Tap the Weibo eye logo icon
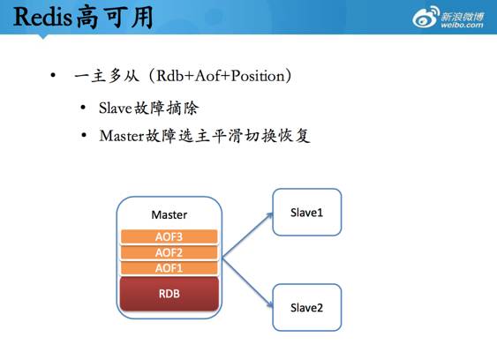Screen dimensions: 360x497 point(427,17)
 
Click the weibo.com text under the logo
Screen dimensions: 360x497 point(462,26)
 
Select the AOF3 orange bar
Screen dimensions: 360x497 point(168,236)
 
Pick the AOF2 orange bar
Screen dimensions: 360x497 point(168,251)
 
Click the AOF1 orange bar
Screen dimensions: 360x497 point(168,266)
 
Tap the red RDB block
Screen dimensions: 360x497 point(168,293)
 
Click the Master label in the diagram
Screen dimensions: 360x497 point(169,214)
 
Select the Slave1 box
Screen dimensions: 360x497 point(306,212)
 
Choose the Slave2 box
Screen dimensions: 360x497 point(306,307)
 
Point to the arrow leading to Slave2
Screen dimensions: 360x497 point(246,281)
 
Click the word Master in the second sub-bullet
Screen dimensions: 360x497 point(121,136)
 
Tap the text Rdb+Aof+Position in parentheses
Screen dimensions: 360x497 point(218,76)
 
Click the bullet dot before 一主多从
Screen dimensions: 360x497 point(55,76)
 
